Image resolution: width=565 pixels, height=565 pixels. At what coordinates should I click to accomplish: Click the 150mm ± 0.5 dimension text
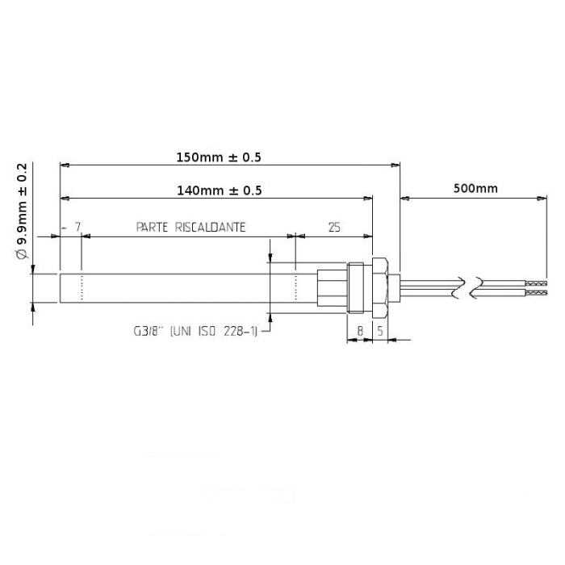point(220,157)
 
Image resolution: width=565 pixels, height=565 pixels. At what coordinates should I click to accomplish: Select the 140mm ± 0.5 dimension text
point(220,190)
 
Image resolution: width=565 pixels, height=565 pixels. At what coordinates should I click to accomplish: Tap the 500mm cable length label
point(475,189)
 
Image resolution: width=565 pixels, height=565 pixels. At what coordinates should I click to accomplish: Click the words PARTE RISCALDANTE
point(190,228)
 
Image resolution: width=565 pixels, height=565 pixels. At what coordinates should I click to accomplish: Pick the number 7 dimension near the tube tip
point(77,228)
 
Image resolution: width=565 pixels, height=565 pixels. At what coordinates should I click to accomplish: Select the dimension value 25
point(335,228)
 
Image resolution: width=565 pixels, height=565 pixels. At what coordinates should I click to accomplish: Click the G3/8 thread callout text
point(194,331)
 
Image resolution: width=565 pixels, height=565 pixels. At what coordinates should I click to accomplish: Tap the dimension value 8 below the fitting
point(359,331)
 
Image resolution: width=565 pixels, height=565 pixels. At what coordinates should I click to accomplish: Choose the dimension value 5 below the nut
point(379,331)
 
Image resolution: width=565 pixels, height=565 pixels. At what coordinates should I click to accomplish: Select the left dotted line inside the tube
point(82,288)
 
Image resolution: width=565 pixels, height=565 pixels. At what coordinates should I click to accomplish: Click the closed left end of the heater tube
point(61,288)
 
